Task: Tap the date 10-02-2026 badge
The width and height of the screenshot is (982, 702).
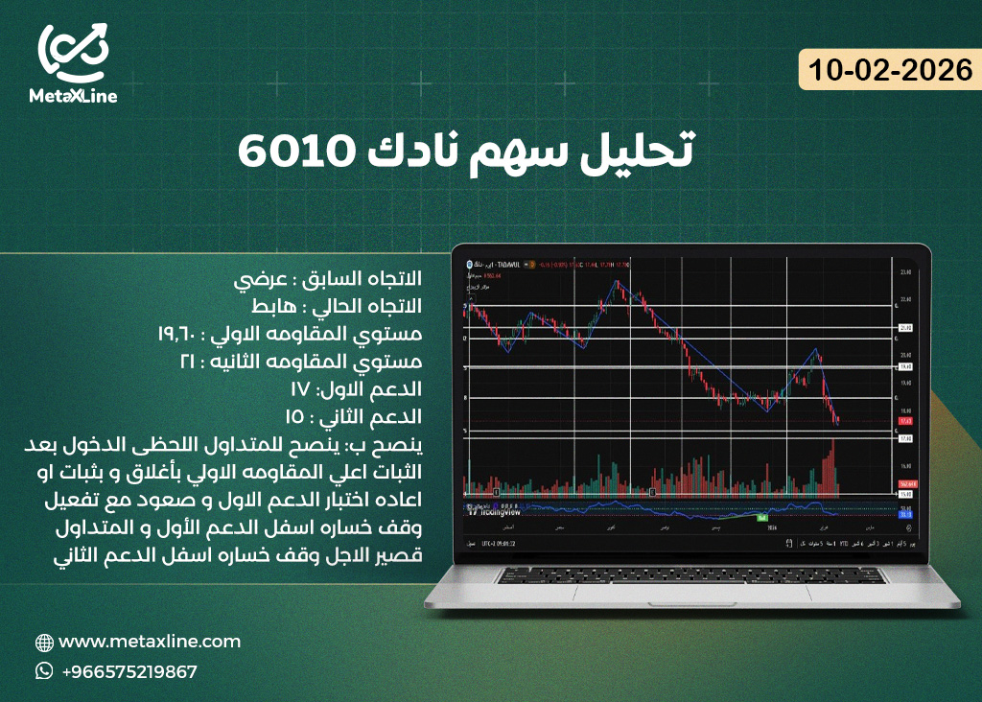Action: click(x=891, y=70)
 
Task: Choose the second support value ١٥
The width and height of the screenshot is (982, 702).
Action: click(x=296, y=418)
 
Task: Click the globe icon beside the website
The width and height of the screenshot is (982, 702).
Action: click(x=44, y=643)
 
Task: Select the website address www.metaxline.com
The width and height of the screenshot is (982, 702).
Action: click(x=150, y=642)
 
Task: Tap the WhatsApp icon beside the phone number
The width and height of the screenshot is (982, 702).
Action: click(x=44, y=671)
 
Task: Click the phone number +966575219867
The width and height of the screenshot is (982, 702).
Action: click(x=129, y=671)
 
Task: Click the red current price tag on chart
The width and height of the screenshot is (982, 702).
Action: click(x=904, y=421)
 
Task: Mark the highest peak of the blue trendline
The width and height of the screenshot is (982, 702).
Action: click(x=617, y=282)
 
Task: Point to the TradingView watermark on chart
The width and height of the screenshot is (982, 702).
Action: click(x=500, y=510)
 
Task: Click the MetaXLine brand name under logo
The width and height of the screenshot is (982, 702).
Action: click(x=73, y=96)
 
